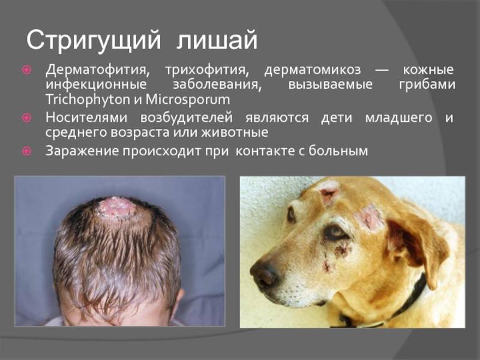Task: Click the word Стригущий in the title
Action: (x=94, y=40)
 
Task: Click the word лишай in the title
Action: (x=217, y=40)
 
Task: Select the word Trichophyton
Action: (x=88, y=100)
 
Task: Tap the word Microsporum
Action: (x=188, y=99)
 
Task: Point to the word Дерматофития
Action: (x=98, y=70)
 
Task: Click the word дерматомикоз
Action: (x=313, y=70)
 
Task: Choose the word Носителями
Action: (x=86, y=118)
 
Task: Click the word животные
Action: (x=235, y=133)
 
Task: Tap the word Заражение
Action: (x=82, y=151)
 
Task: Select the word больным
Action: (x=338, y=151)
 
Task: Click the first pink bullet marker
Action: (x=27, y=70)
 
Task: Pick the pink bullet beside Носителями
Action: (x=27, y=118)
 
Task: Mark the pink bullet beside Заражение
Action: (x=27, y=151)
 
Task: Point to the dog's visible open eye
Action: (x=335, y=232)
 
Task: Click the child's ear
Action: (x=179, y=302)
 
